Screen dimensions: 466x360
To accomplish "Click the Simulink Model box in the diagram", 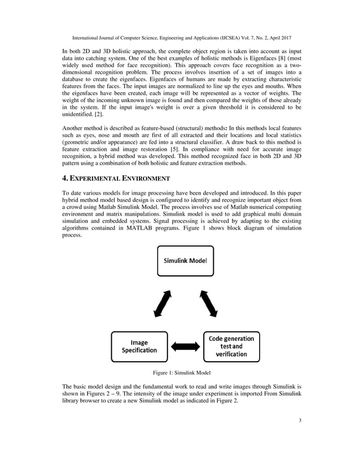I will tap(185, 261).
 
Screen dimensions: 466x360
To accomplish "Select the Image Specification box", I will tap(139, 346).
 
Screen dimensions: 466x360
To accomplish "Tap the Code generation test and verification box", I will tap(231, 346).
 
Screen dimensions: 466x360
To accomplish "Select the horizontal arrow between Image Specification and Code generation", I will tap(185, 346).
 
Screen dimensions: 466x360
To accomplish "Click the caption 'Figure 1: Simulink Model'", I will tap(179, 373).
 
